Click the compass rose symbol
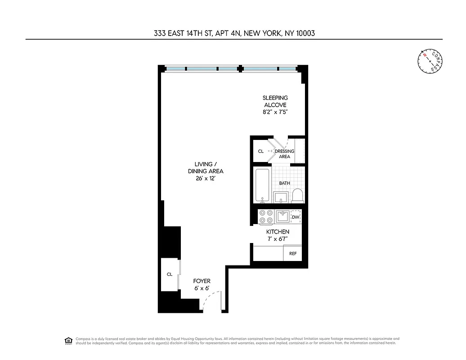430,60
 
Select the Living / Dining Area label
206,167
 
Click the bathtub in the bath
262,185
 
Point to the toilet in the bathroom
297,196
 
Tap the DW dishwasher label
296,217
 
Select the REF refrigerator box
293,253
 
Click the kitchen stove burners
265,216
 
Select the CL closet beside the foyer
170,274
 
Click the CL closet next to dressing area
260,152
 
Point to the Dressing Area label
284,154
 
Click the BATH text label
284,183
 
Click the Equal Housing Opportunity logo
68,340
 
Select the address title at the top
233,33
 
